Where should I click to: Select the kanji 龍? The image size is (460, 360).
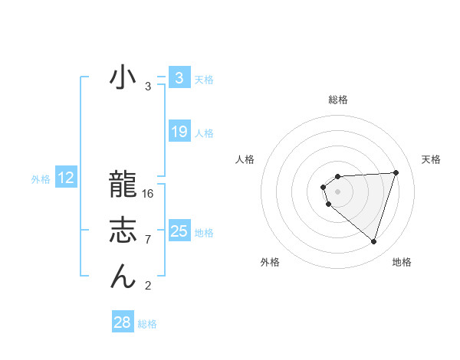123,186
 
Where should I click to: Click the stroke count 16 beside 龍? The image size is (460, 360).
148,194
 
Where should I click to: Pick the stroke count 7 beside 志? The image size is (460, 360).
148,240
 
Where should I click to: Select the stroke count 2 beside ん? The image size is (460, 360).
148,286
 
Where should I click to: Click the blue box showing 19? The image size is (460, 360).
179,132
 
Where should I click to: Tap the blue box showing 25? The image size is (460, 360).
179,231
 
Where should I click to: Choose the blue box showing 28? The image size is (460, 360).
122,322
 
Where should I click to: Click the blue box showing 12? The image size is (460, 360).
66,178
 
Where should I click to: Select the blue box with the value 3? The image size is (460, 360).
179,78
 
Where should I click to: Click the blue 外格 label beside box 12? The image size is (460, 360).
41,179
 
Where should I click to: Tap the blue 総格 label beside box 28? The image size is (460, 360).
147,324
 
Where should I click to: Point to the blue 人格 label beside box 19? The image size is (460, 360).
204,133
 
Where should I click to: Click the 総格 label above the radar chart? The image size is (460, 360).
337,100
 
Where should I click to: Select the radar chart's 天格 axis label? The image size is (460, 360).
431,159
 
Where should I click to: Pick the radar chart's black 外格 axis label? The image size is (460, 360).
270,262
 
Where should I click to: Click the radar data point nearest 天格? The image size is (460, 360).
396,172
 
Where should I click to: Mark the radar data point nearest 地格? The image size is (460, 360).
373,241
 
